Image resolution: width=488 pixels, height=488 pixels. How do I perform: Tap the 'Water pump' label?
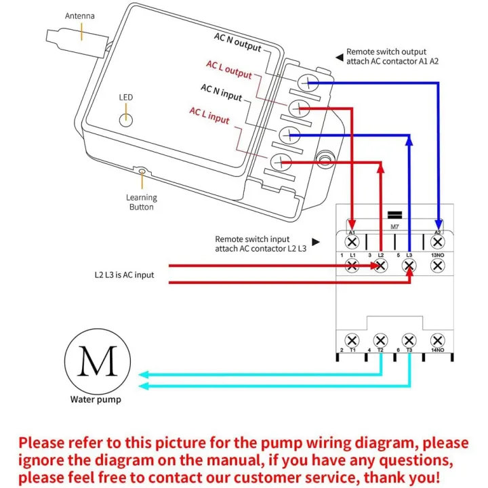click(96, 399)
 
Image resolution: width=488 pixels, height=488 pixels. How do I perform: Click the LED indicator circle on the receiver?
click(125, 119)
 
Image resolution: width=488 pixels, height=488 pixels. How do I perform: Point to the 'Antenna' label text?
click(80, 16)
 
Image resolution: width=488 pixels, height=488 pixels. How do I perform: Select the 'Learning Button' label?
click(141, 202)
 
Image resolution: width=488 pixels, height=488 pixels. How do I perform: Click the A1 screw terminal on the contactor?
click(352, 241)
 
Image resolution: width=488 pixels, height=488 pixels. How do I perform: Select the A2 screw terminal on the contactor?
click(438, 241)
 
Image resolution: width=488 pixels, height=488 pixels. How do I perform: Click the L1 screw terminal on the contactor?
click(352, 266)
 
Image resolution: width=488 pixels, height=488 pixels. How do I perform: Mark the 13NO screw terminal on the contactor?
click(438, 266)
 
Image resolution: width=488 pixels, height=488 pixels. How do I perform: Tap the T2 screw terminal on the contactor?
click(381, 339)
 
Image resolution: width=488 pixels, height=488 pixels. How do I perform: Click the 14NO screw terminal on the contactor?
click(438, 339)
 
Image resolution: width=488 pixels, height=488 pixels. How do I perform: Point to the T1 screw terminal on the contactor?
click(352, 339)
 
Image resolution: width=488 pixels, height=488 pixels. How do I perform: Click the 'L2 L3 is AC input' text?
click(124, 275)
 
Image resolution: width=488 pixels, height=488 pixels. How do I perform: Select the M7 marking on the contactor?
click(394, 227)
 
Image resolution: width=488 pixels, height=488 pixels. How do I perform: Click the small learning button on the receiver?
click(142, 172)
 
